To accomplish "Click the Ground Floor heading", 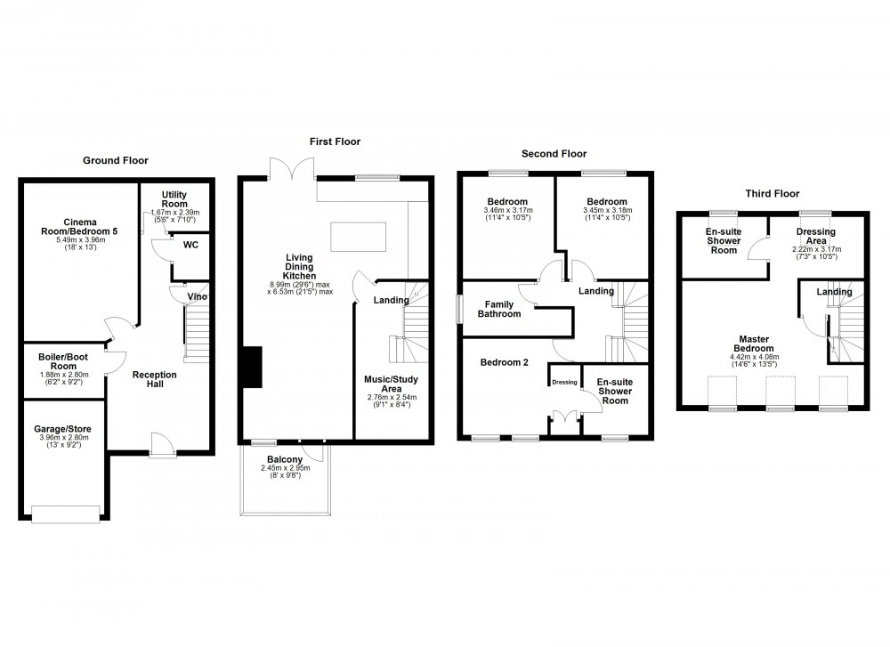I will pos(115,160).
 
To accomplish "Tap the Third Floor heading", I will pos(773,193).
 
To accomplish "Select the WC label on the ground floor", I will pos(190,245).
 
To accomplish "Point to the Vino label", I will pos(198,296).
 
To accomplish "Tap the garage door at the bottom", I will pos(66,514).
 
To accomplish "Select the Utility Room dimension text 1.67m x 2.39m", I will pos(174,213).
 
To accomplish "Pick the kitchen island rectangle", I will pos(360,239).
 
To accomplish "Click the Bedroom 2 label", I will pos(505,363).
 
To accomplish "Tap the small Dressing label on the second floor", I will pos(564,384).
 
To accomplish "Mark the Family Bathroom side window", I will pos(459,311).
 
